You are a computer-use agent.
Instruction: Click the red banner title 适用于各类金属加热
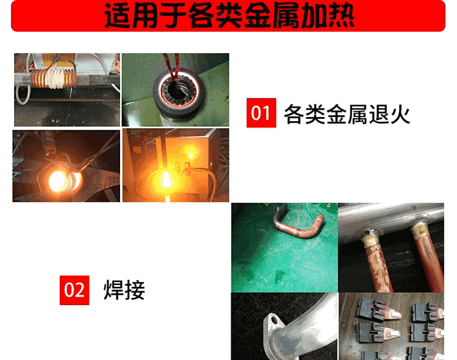click(229, 15)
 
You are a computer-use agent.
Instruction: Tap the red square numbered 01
click(261, 113)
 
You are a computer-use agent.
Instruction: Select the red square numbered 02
click(74, 290)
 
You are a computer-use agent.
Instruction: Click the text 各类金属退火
click(347, 114)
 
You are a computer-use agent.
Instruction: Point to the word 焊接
click(124, 290)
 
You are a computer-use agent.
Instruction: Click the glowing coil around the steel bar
click(54, 77)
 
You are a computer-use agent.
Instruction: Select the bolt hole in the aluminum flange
click(275, 320)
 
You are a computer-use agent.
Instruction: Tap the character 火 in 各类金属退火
click(400, 114)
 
